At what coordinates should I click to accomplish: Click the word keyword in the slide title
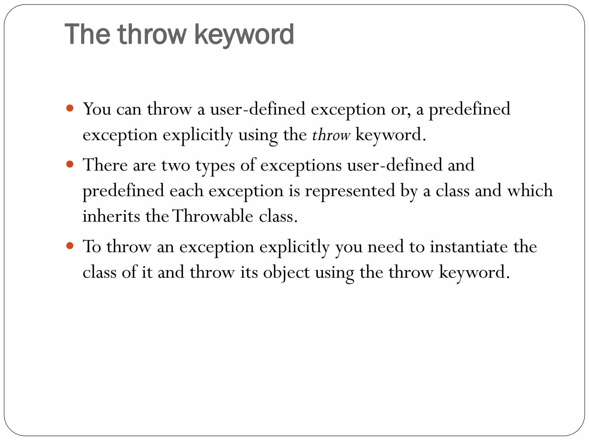point(244,35)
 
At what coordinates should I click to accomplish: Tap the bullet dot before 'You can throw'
point(70,108)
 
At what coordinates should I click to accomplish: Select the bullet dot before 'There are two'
point(70,164)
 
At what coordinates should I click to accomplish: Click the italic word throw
point(331,135)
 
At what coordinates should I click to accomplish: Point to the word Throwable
point(213,216)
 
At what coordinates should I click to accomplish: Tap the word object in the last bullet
point(286,273)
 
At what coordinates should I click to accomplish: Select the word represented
point(350,191)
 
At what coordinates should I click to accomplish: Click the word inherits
point(111,216)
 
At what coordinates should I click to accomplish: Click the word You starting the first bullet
point(97,109)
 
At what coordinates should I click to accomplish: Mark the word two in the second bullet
point(176,166)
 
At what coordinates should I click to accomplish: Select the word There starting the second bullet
point(105,165)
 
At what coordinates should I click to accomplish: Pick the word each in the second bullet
point(186,191)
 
